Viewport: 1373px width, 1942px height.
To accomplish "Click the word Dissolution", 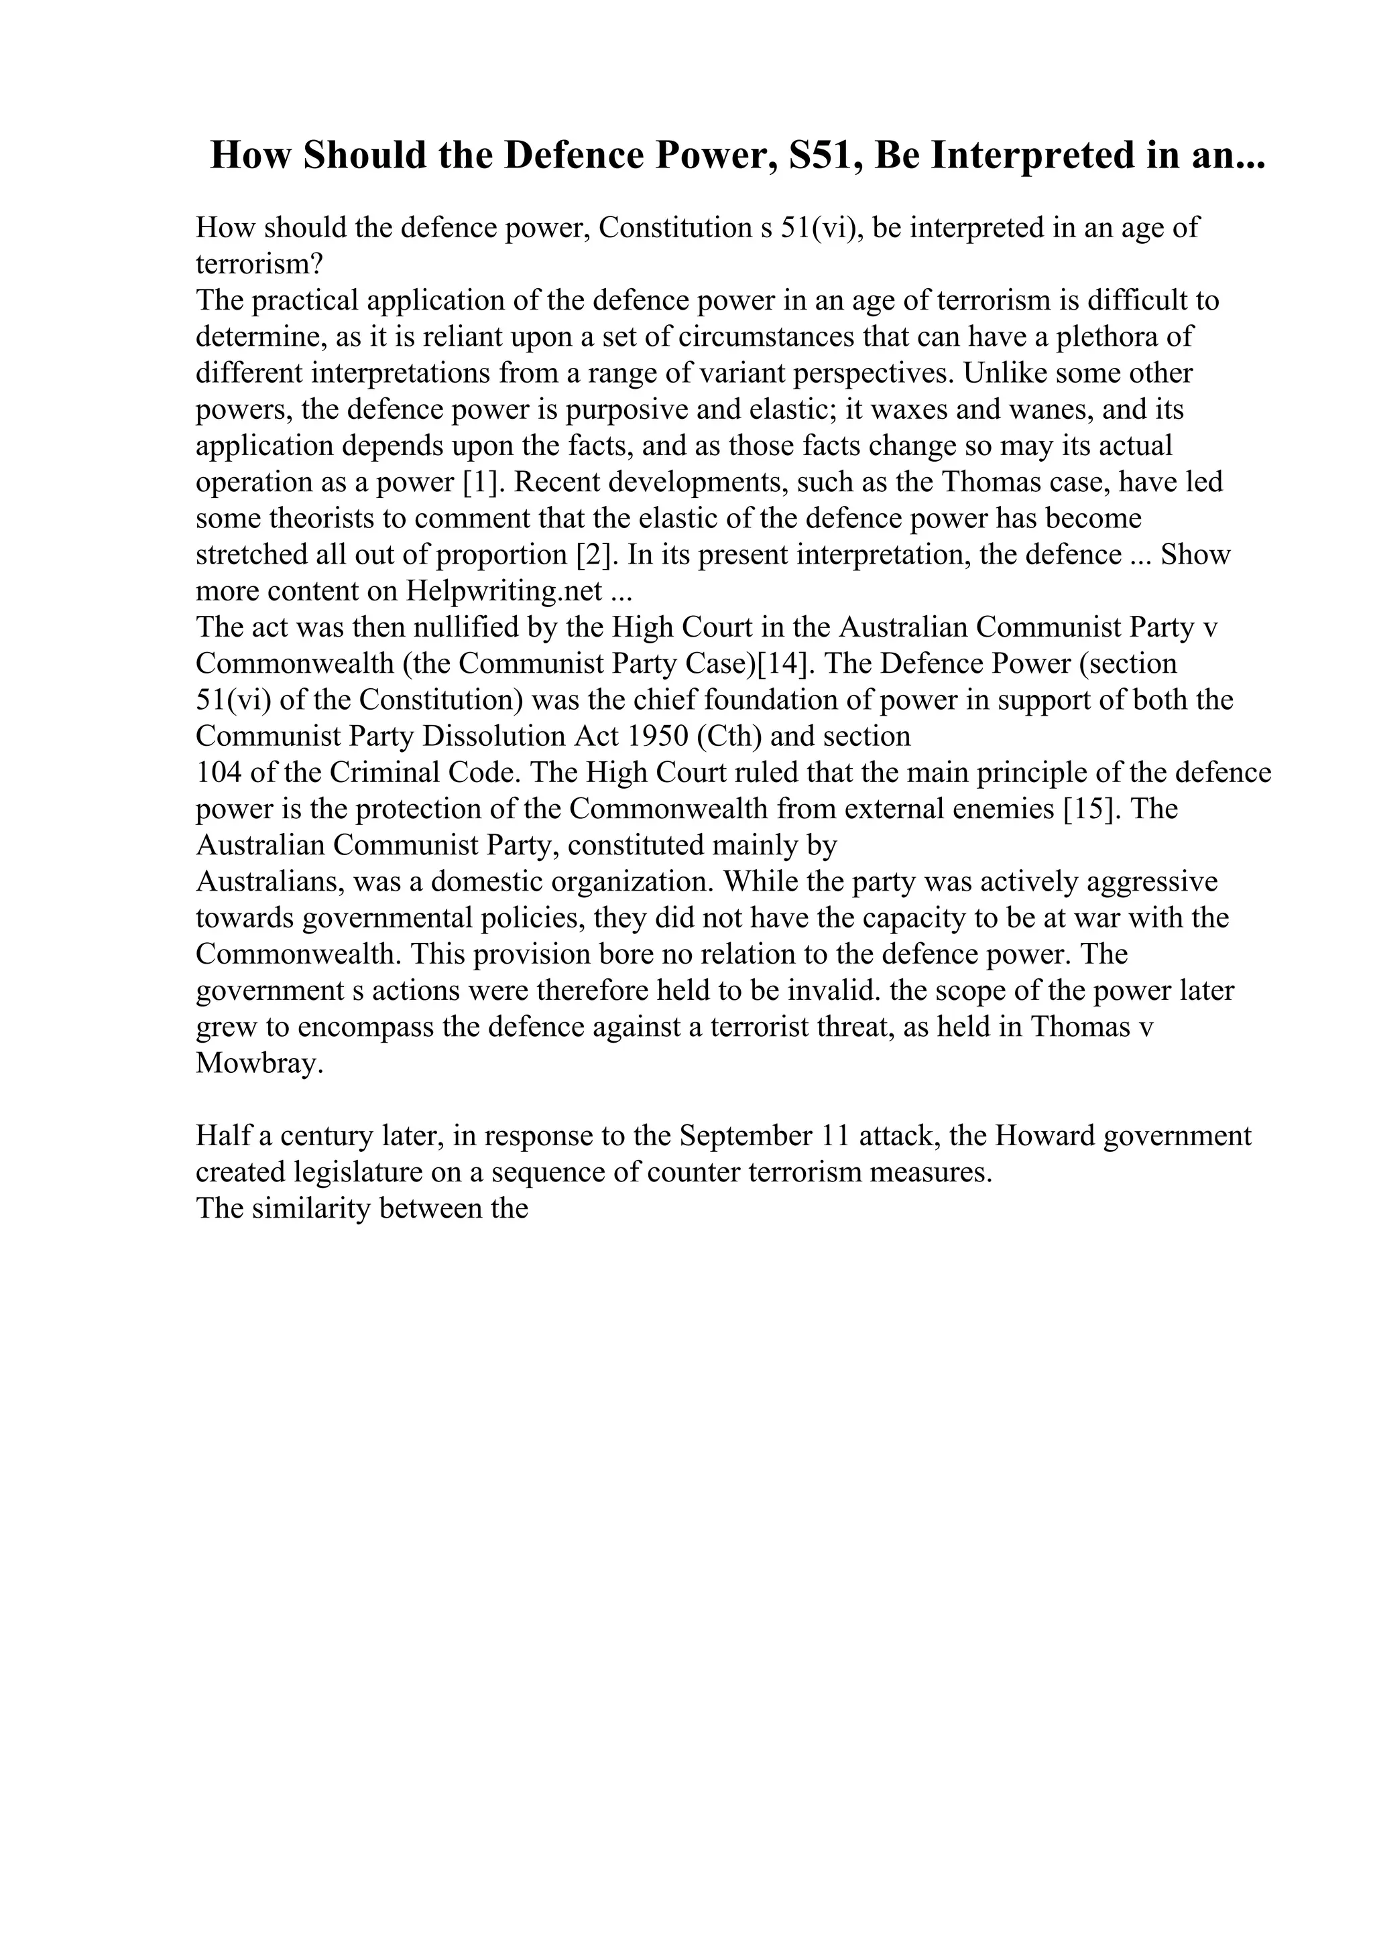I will (494, 736).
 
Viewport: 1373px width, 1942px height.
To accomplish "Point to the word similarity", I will (310, 1209).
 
